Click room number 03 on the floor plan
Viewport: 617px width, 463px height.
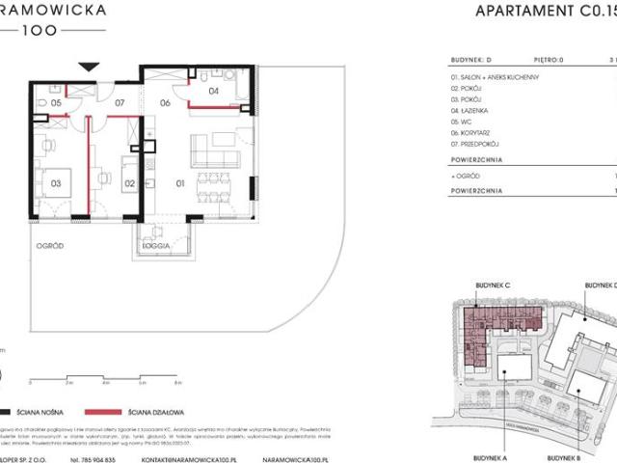57,180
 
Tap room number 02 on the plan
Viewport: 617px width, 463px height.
129,180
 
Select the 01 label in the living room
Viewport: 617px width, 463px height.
178,180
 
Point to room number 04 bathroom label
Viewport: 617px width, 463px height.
214,93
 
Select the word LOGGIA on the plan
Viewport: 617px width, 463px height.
155,246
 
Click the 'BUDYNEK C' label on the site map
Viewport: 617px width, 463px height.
492,286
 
